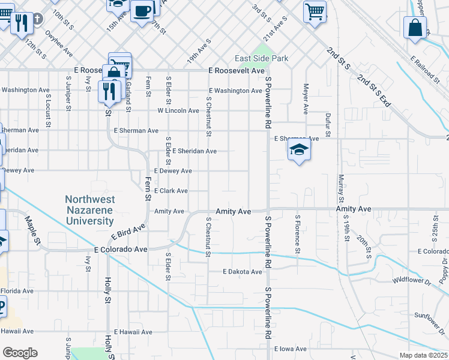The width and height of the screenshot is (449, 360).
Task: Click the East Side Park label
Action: (262, 58)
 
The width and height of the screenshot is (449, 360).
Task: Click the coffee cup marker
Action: (142, 11)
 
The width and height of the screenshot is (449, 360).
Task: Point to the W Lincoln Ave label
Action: (178, 110)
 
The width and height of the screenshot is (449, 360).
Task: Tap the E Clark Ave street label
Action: (171, 191)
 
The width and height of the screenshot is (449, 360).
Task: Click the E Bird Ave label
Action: (128, 233)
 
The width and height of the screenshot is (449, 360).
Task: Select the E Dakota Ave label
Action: (243, 272)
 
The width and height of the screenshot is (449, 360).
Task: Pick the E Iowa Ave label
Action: (291, 349)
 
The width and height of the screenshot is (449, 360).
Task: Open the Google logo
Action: (20, 353)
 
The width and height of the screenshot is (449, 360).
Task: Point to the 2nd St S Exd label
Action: (373, 91)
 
